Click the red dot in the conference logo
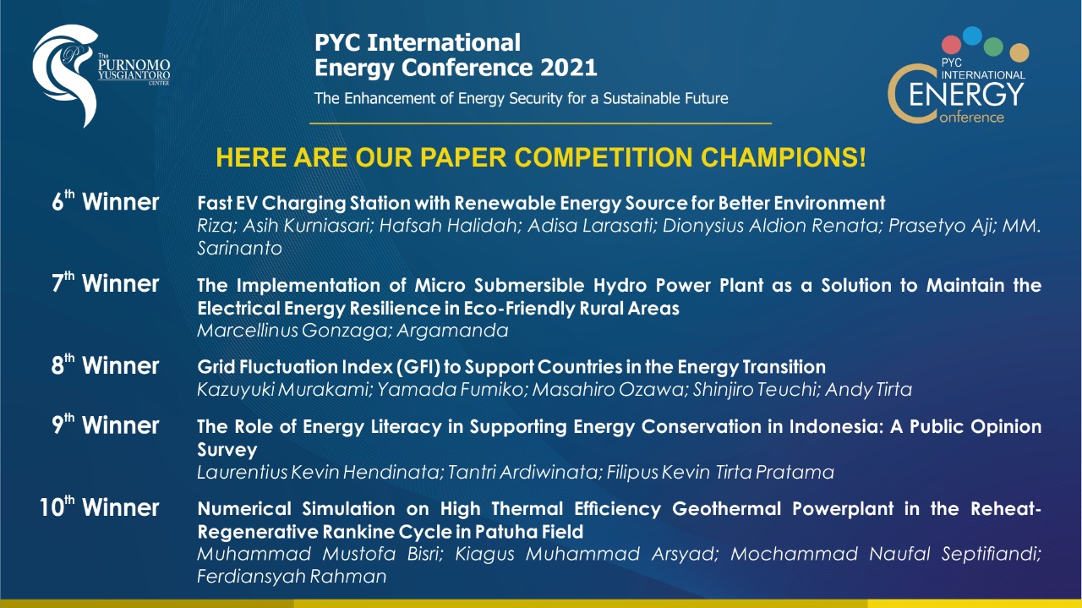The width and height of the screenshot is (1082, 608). point(951,45)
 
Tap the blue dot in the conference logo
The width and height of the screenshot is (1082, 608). point(972,36)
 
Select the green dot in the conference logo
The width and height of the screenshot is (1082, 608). point(993,47)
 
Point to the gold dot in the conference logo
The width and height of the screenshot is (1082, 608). point(1019,52)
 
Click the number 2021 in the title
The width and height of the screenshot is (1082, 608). point(569,68)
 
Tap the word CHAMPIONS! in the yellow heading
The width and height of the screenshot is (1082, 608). point(783,157)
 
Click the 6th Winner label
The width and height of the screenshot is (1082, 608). point(106,201)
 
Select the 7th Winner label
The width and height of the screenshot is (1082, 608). point(106,283)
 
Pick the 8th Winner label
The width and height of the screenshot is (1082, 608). point(106,365)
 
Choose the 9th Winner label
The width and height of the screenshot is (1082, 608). point(106,425)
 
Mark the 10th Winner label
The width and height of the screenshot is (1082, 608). point(99,507)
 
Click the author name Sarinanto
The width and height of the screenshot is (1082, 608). point(239,249)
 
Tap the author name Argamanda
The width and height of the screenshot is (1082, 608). point(452,331)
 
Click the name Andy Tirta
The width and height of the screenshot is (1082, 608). point(868,390)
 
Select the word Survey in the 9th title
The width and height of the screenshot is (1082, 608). point(227,450)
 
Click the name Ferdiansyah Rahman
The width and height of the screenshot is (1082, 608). point(292,577)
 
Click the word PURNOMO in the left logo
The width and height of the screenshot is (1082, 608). point(134,65)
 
